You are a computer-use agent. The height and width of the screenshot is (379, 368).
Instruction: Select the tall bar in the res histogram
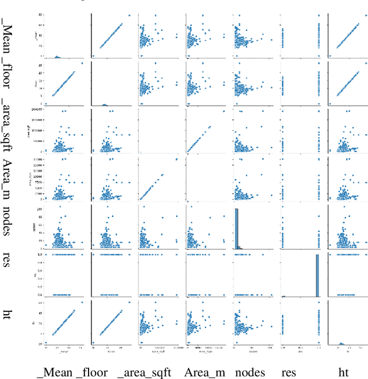pos(317,274)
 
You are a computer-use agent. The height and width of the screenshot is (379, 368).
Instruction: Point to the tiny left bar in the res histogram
pos(283,296)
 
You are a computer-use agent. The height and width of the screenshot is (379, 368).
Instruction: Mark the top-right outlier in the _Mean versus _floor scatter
pos(129,16)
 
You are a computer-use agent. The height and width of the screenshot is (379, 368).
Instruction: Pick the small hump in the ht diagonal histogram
pos(340,344)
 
